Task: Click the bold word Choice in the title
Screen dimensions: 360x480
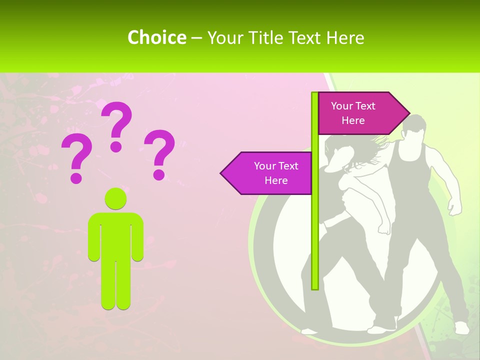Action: (x=156, y=37)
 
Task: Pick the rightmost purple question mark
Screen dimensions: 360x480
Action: (x=159, y=153)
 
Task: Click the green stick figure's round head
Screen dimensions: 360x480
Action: (x=115, y=198)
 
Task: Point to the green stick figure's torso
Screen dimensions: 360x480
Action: (x=115, y=235)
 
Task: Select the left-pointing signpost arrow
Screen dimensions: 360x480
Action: (x=267, y=173)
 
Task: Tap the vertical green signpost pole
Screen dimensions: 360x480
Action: (x=315, y=225)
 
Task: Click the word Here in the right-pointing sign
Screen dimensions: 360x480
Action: (x=353, y=120)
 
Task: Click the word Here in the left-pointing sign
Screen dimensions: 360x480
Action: (x=276, y=180)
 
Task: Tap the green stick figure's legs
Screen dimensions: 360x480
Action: (x=115, y=285)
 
